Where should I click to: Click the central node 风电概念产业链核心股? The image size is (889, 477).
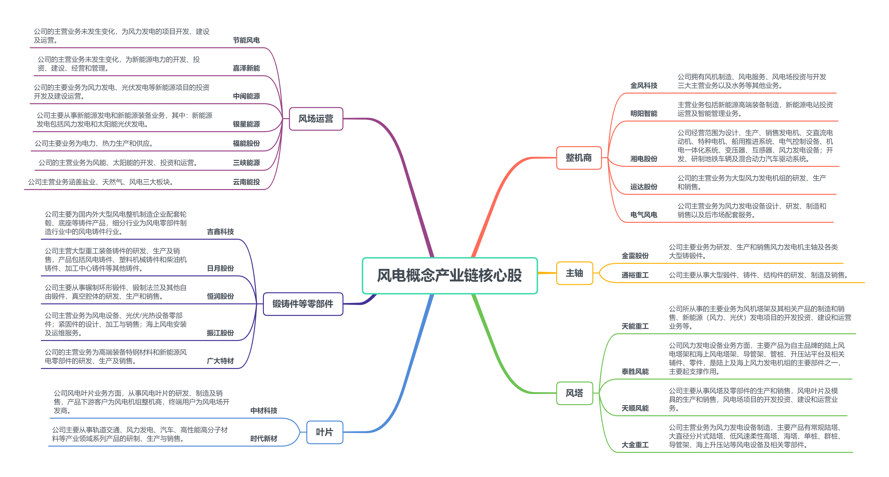[449, 275]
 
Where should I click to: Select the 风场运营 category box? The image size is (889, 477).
[316, 119]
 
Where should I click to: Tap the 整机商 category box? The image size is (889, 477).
[578, 158]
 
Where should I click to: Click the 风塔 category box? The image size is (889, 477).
[574, 393]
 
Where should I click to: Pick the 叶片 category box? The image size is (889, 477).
[324, 432]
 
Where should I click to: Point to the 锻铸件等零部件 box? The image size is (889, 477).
[303, 304]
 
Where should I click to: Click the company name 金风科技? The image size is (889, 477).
[644, 86]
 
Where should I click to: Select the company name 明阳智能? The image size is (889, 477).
[644, 114]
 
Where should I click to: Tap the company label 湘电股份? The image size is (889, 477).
[644, 159]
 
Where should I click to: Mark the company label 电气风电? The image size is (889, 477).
[644, 215]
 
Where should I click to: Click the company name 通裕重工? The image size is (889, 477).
[635, 275]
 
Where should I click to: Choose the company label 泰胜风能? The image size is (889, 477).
[635, 371]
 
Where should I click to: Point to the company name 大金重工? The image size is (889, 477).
[635, 445]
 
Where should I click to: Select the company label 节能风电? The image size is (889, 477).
[246, 40]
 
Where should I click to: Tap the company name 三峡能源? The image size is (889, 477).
[246, 163]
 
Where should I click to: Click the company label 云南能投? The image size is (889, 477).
[246, 182]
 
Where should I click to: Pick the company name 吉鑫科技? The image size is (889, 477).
[220, 232]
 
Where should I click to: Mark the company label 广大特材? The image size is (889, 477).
[220, 361]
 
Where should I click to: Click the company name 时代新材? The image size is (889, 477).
[264, 438]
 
